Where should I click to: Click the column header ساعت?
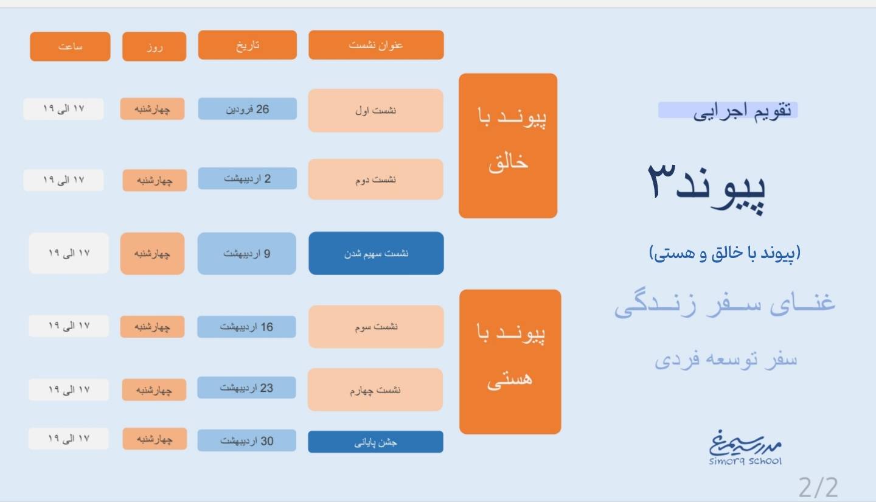coord(70,47)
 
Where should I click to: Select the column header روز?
coord(154,47)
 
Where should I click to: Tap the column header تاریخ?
coord(247,45)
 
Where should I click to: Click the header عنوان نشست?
coord(376,45)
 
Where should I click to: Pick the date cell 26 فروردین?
coord(247,109)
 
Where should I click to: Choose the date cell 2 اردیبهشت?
coord(247,178)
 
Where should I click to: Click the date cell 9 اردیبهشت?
coord(247,254)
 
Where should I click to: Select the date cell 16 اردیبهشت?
coord(246,327)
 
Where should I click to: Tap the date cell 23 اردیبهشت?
coord(246,388)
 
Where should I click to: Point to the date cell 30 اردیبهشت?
coord(246,441)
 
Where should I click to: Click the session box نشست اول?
coord(376,110)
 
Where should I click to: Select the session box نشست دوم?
coord(376,180)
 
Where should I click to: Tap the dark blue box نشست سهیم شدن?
coord(376,253)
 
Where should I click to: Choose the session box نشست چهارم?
coord(375,389)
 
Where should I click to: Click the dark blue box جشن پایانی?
coord(376,442)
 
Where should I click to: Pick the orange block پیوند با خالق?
coord(508,145)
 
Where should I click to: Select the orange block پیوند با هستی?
coord(510,362)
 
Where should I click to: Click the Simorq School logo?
coord(745,448)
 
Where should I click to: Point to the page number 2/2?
coord(818,487)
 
